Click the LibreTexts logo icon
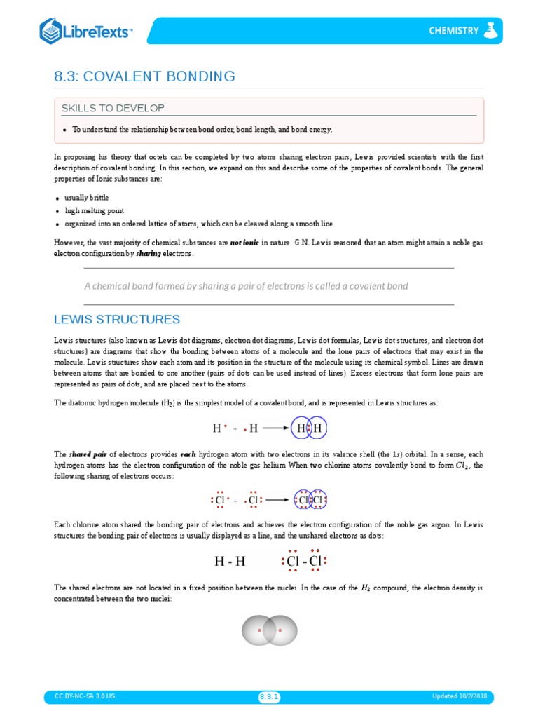click(x=51, y=32)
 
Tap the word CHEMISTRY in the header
click(x=454, y=31)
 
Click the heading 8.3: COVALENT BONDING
click(x=144, y=76)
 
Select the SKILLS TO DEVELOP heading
click(x=113, y=108)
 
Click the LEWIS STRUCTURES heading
click(x=117, y=320)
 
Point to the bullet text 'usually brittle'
click(x=87, y=198)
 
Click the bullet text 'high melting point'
click(x=94, y=210)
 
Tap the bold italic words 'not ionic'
click(x=244, y=242)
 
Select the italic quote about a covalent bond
click(x=246, y=286)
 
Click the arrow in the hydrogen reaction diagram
click(x=276, y=428)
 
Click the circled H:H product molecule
click(x=309, y=428)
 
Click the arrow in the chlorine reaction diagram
click(x=277, y=501)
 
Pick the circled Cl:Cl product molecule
click(x=310, y=501)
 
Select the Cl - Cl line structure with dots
click(x=304, y=562)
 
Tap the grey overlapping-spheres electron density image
click(x=269, y=630)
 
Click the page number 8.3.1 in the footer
click(x=269, y=697)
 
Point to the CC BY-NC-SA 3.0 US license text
click(x=85, y=697)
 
